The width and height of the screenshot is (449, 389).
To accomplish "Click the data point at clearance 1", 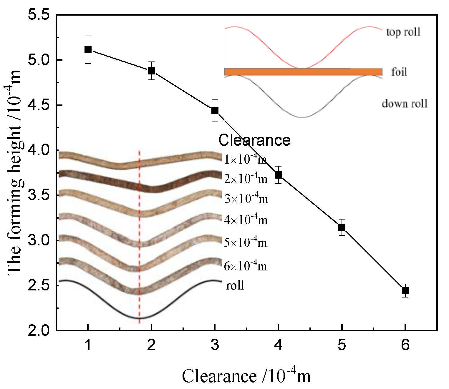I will (88, 49).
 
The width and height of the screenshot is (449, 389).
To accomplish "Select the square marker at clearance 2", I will (151, 71).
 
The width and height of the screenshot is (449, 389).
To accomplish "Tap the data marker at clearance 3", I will (215, 111).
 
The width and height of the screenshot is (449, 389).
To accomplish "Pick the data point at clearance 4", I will (278, 175).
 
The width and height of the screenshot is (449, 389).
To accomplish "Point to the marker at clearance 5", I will (342, 227).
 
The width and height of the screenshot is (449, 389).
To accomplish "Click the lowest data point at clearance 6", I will (405, 291).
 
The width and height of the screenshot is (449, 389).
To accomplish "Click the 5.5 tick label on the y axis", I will (39, 15).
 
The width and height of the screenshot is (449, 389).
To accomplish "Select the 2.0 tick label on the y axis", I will (39, 330).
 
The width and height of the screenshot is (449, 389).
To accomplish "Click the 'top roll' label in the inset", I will (403, 32).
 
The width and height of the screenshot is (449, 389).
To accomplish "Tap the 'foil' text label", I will (399, 72).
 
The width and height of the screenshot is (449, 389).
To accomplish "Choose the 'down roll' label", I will (404, 104).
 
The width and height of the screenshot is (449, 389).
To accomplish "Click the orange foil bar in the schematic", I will (303, 72).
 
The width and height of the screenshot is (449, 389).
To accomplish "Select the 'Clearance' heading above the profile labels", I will (254, 140).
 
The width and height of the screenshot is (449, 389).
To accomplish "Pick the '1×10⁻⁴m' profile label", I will (246, 159).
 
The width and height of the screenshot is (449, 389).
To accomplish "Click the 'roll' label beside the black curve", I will (235, 285).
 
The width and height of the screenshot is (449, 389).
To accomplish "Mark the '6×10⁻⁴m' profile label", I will (246, 266).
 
